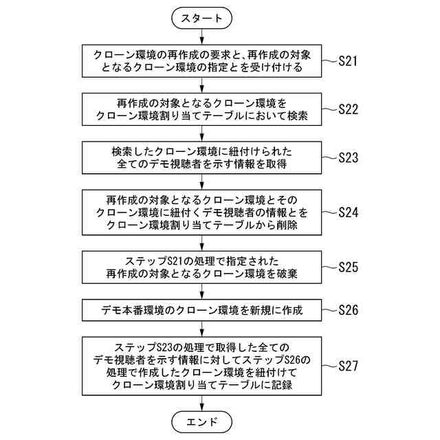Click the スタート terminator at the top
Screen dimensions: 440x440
(x=201, y=19)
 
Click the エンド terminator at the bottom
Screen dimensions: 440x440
(x=201, y=421)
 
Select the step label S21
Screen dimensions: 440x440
(x=348, y=61)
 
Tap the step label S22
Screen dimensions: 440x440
(x=349, y=109)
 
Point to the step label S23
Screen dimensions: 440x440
(x=349, y=157)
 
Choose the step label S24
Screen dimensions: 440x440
(x=349, y=212)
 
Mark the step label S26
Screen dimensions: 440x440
(x=349, y=310)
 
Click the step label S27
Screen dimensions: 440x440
(x=349, y=366)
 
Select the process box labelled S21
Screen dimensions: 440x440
(x=201, y=61)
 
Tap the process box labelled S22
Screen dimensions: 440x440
(x=201, y=109)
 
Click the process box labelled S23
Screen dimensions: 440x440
(x=201, y=157)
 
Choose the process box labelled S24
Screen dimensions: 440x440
(x=201, y=212)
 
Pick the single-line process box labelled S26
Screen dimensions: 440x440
(x=201, y=310)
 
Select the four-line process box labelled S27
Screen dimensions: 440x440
(x=201, y=366)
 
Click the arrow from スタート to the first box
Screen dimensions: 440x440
(x=201, y=37)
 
